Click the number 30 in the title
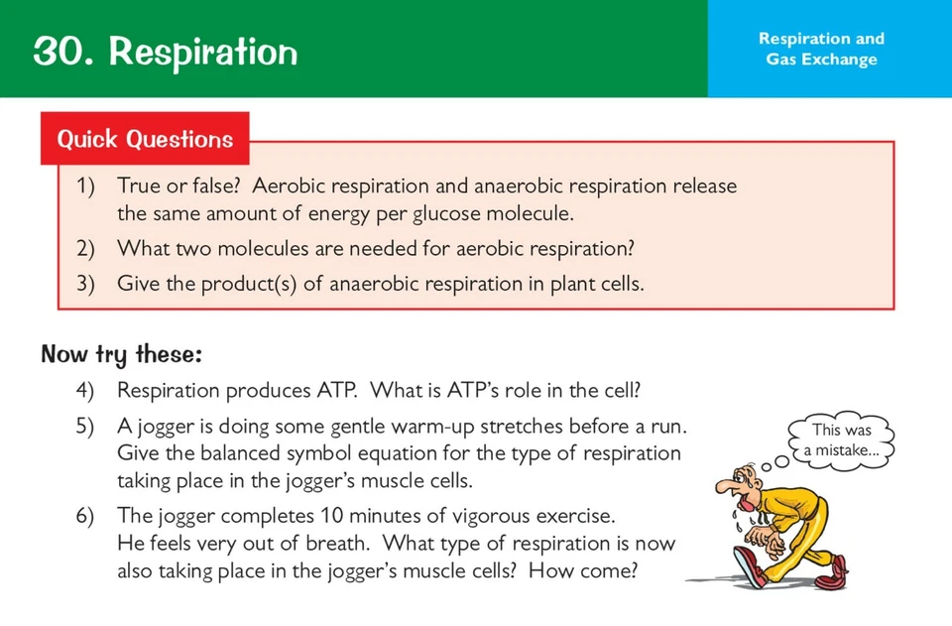coord(62,51)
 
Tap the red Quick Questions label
coord(145,139)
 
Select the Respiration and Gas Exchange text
coord(820,49)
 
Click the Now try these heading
coord(121,354)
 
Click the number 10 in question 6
coord(334,517)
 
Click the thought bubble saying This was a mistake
coord(841,440)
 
